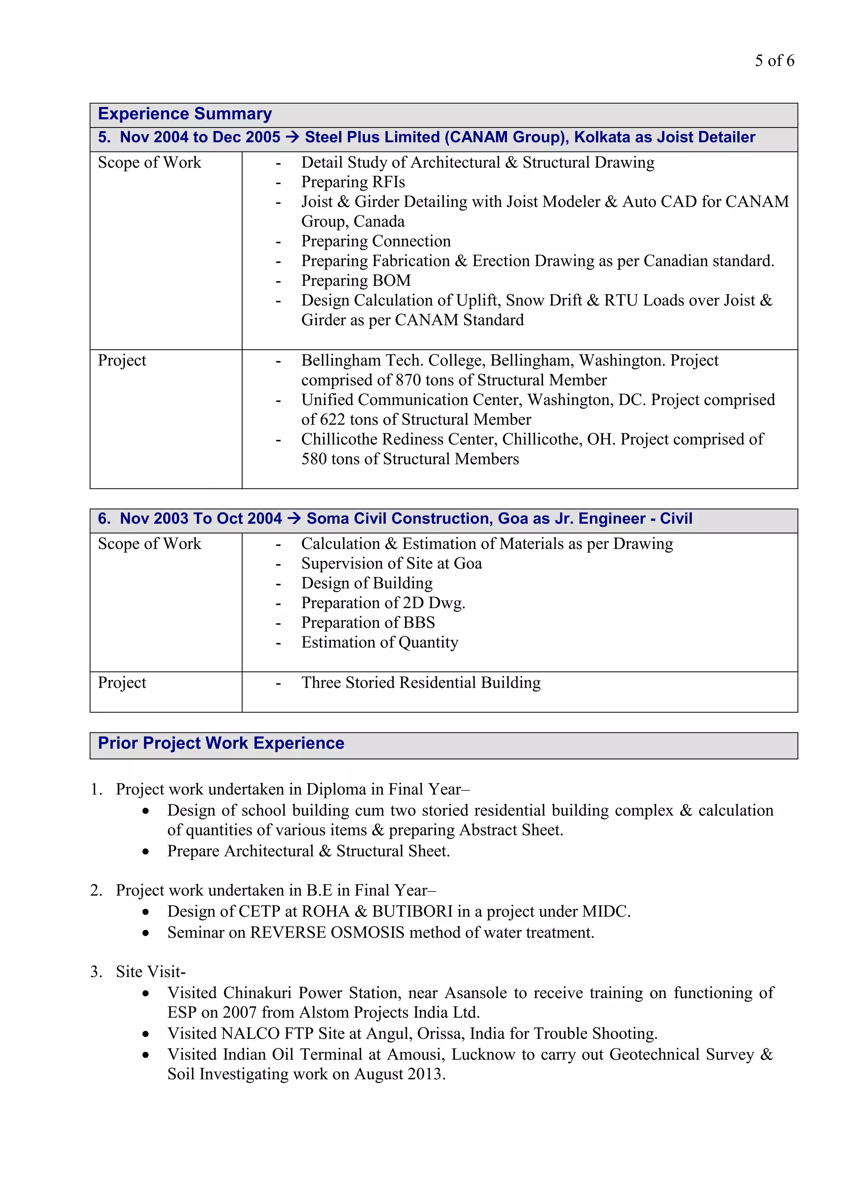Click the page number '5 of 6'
(774, 61)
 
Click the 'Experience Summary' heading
(184, 114)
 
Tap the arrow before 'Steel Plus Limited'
(293, 137)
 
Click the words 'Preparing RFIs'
(353, 182)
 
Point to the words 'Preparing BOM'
(356, 281)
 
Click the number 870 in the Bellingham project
(408, 380)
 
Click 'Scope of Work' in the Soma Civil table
(149, 544)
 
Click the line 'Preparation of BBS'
(368, 622)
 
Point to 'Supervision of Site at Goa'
(391, 564)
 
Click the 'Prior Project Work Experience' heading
(221, 743)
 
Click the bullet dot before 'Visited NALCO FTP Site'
(146, 1034)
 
